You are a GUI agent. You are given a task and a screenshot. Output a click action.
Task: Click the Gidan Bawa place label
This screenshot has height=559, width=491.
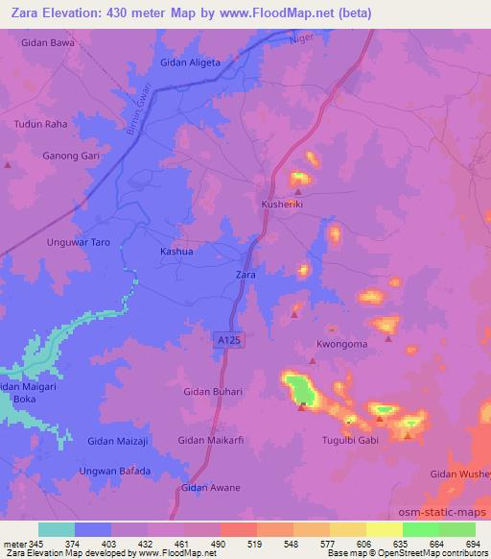click(47, 43)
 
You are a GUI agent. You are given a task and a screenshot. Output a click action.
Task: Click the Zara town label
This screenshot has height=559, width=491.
click(245, 276)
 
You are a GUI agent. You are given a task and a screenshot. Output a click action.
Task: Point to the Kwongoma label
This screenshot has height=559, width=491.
click(342, 344)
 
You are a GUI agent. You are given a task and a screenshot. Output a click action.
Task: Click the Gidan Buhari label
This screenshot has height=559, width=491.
click(213, 392)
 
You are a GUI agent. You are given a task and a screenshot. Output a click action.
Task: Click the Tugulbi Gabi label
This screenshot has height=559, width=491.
click(352, 442)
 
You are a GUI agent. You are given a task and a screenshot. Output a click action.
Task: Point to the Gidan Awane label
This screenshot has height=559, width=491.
click(210, 488)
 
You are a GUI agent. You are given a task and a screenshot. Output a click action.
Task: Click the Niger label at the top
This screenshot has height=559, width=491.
click(305, 40)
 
